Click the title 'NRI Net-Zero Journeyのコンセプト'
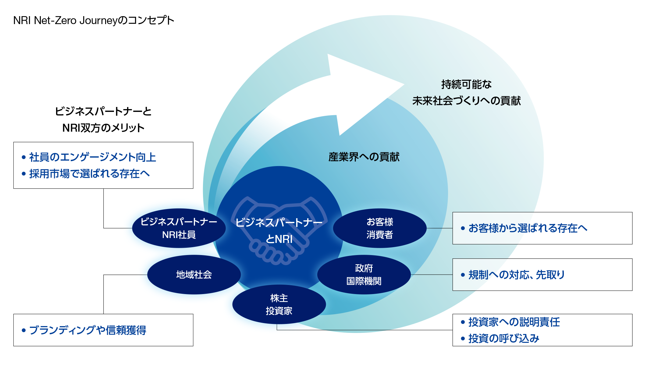94,20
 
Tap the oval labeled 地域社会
194,275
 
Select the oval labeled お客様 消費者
380,228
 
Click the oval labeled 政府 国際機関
364,275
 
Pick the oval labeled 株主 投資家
279,304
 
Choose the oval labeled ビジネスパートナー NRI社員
179,228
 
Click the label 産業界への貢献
364,157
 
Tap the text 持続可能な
466,84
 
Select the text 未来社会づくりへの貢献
466,101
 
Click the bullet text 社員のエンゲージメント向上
92,157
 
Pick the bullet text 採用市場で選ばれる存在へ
89,174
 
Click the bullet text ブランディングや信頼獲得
87,330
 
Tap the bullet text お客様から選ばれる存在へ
528,228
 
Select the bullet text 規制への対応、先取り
517,275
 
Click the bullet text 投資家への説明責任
514,322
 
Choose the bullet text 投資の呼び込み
504,339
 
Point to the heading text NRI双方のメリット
103,128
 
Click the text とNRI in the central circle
279,239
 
